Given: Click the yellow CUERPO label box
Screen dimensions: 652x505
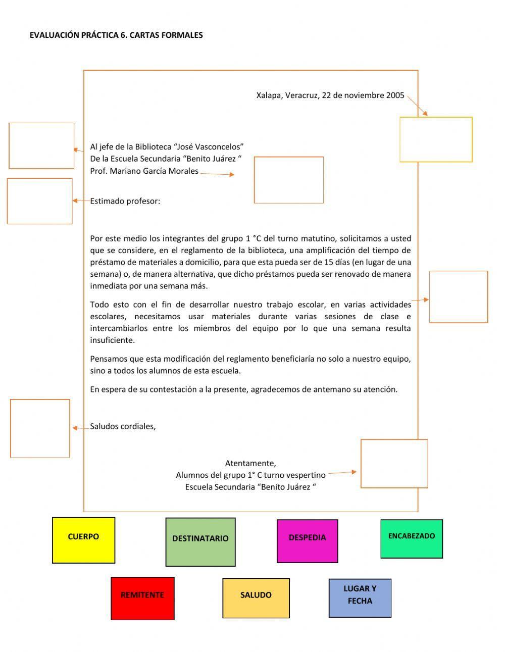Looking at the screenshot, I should click(x=83, y=540).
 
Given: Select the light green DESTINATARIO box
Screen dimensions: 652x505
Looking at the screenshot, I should click(x=200, y=542).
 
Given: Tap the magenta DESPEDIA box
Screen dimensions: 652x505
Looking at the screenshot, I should click(x=307, y=541).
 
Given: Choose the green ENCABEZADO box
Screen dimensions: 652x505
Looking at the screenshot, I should click(x=411, y=539).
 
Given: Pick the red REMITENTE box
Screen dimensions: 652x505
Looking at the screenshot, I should click(x=142, y=598).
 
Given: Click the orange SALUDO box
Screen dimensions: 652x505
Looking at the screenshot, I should click(x=256, y=598).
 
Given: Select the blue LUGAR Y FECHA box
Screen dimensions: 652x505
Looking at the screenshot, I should click(x=360, y=598).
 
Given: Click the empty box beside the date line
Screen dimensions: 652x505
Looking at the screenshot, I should click(x=436, y=139).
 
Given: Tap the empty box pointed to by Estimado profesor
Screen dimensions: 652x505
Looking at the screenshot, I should click(x=40, y=201).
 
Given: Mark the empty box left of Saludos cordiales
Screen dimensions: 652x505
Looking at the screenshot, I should click(x=40, y=428).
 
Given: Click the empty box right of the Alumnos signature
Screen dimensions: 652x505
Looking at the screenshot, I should click(x=394, y=464).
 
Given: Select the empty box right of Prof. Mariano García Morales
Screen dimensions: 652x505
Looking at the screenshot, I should click(x=288, y=180).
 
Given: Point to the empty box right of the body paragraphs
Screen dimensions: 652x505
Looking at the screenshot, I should click(x=458, y=296).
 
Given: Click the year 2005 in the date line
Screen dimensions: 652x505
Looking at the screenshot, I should click(x=395, y=95).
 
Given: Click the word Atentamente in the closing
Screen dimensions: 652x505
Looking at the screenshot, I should click(x=250, y=463).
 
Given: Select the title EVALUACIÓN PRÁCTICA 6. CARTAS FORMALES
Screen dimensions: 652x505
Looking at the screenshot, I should click(x=116, y=35).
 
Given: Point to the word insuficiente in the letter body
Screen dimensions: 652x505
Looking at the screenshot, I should click(x=113, y=340).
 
